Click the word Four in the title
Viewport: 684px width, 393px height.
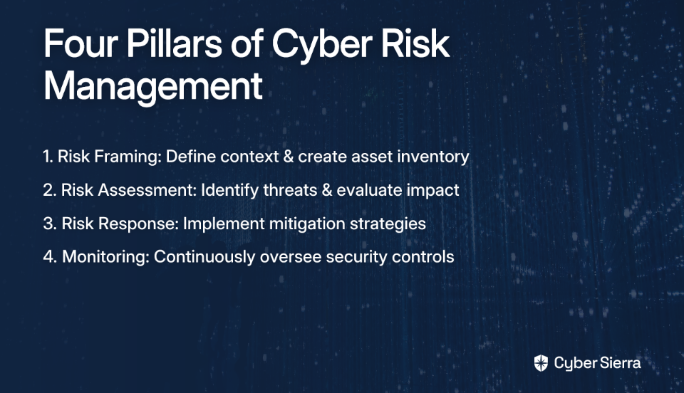point(81,43)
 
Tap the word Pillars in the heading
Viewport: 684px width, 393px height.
point(175,43)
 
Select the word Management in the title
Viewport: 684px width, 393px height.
point(153,86)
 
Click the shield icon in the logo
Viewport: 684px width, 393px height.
point(541,363)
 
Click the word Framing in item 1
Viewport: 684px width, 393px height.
point(128,157)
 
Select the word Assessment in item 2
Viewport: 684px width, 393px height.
point(147,190)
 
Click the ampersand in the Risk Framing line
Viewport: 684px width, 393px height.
point(289,157)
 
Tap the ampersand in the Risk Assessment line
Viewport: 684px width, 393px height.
point(327,190)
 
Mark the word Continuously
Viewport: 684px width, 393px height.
point(204,257)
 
